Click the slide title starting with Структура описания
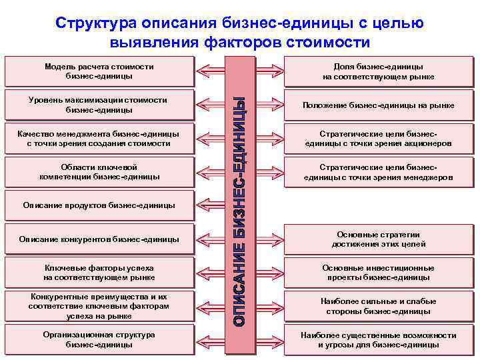240,33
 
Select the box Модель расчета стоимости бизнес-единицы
99,71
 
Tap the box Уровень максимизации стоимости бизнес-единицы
99,105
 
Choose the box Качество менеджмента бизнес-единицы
99,138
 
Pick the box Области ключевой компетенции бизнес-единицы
99,171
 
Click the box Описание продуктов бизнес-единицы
99,205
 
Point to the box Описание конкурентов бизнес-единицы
99,239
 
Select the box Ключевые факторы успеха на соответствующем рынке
99,272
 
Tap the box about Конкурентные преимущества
99,306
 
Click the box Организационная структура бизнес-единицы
99,339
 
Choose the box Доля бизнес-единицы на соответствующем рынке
378,71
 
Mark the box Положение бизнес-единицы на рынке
378,105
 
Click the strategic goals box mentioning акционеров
378,139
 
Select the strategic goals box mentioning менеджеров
378,172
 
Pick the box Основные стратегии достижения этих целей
378,239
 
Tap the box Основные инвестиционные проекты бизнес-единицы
378,272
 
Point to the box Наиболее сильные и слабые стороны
378,306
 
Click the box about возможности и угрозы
378,340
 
